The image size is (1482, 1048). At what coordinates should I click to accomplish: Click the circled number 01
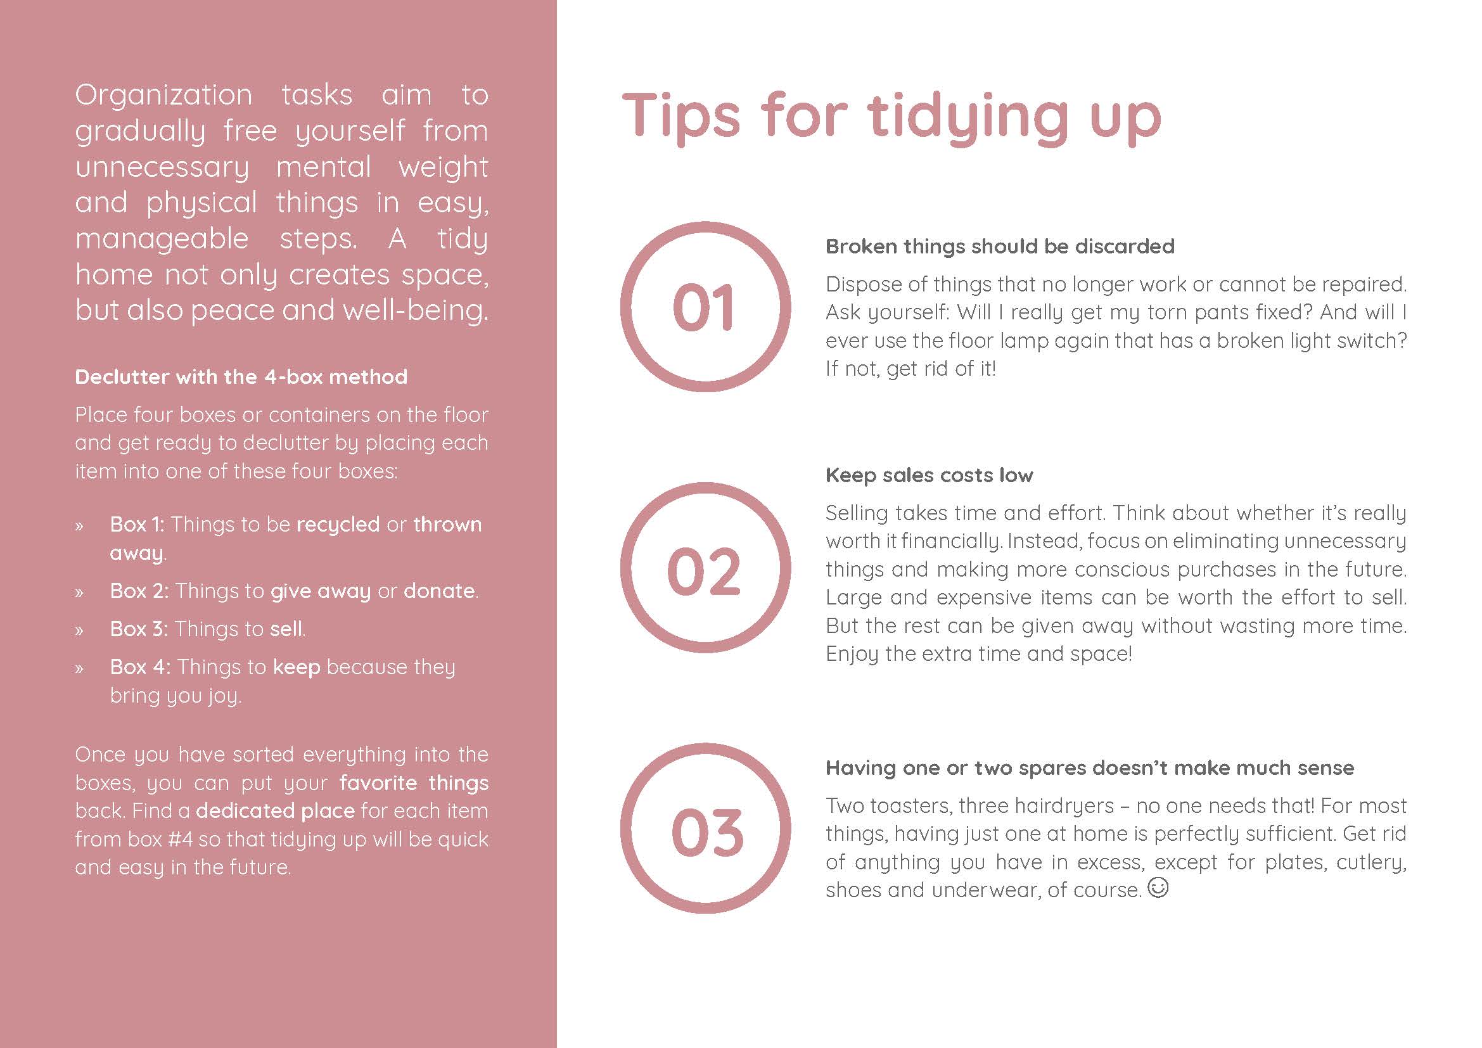point(705,307)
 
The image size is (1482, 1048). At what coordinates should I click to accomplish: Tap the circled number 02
point(705,568)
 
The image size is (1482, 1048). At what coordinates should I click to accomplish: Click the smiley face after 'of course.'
point(1159,888)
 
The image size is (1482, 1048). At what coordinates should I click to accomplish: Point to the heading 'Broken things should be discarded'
point(1000,246)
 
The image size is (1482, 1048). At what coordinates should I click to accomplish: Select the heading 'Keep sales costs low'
point(929,476)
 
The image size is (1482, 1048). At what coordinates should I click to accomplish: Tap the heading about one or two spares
point(1090,768)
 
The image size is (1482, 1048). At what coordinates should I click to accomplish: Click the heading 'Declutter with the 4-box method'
point(241,377)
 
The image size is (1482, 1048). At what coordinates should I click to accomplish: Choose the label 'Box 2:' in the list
point(139,591)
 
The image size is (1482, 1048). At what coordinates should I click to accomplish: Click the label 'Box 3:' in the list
point(139,629)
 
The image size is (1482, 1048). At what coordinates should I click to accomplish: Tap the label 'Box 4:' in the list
point(140,667)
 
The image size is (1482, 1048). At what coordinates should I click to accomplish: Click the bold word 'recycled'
point(338,525)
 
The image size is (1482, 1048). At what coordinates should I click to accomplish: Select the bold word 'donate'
point(439,591)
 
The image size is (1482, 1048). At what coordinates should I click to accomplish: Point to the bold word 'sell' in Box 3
point(286,629)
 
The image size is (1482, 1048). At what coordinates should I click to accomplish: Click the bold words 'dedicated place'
point(276,810)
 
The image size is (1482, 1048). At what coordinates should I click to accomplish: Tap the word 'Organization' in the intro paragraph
point(163,96)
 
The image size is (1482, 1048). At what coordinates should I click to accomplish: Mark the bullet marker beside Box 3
point(79,630)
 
